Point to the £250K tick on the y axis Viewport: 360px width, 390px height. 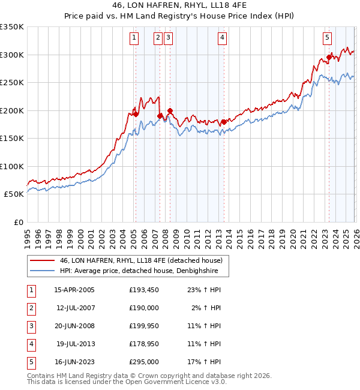(12, 83)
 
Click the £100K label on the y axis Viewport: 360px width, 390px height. (12, 167)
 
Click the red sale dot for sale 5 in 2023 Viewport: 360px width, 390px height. (329, 58)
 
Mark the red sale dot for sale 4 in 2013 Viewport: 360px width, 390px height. (224, 122)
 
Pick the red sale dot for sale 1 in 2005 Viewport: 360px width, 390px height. (136, 114)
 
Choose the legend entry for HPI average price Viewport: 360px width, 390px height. (139, 271)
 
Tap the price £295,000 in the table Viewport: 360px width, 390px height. (144, 362)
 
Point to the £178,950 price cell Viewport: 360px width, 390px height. (144, 344)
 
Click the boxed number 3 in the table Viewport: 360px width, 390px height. (30, 326)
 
